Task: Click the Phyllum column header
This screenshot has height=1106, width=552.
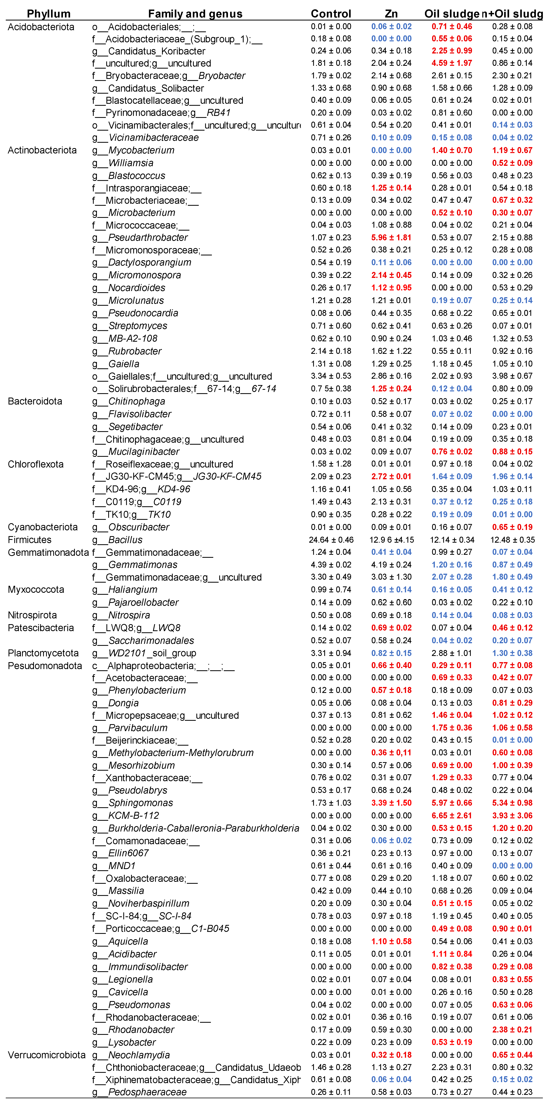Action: coord(48,14)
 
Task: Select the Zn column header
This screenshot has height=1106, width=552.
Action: coord(391,14)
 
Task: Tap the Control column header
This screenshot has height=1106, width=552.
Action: coord(331,14)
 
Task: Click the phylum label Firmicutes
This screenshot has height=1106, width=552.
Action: coord(30,540)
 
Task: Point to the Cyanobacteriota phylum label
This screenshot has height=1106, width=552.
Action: coord(42,527)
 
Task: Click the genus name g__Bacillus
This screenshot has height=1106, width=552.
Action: coord(117,540)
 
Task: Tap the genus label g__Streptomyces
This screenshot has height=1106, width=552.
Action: coord(129,326)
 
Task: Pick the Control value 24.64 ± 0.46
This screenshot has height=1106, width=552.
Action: coord(331,540)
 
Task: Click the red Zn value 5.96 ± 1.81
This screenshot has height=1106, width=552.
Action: coord(391,237)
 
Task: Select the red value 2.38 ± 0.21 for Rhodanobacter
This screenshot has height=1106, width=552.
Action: coord(512,1030)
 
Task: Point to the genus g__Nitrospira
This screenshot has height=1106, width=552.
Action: coord(121,615)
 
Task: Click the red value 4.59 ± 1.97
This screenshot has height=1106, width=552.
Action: coord(452,63)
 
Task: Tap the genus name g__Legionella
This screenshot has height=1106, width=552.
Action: coord(122,979)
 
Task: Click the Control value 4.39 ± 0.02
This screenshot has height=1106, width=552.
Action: coord(331,565)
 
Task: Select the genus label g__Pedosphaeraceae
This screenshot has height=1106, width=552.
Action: coord(139,1092)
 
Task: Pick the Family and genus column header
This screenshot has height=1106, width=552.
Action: coord(195,14)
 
